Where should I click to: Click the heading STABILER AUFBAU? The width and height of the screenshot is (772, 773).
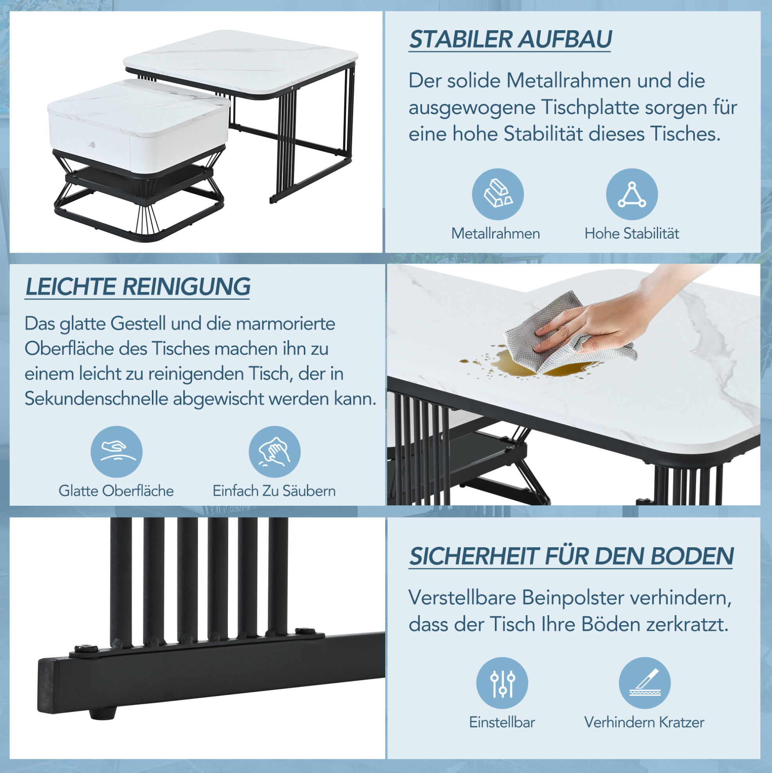pos(510,39)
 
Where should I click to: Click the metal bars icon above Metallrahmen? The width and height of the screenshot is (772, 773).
pos(498,194)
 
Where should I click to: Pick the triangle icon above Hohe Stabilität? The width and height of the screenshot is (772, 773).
pos(632,194)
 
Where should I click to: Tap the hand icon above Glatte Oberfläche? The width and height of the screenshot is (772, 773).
pos(116,452)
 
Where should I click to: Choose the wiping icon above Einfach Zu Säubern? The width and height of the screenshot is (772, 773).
pos(274,452)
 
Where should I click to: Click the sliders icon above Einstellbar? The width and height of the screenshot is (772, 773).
pos(502,683)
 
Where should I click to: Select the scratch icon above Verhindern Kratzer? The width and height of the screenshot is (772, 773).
pos(644,683)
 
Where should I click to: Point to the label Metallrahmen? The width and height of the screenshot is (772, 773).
pos(496,234)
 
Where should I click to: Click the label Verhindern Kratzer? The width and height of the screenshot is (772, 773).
pos(644,722)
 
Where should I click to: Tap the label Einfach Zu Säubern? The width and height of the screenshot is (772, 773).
pos(274,491)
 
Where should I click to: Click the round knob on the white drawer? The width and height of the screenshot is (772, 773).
pos(92,144)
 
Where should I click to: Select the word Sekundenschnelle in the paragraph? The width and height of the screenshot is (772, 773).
pos(96,398)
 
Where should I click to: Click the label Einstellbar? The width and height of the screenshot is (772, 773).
pos(502,722)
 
